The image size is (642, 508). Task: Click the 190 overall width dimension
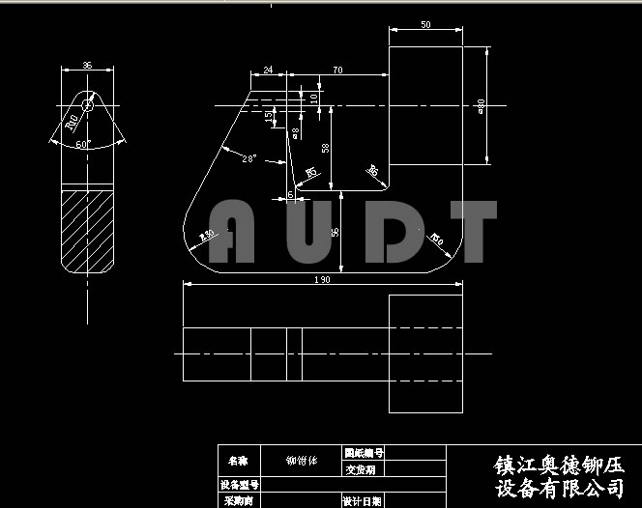click(323, 280)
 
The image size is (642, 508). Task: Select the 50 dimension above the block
click(426, 24)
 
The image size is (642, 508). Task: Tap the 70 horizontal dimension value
click(337, 71)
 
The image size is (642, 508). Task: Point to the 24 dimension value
click(267, 71)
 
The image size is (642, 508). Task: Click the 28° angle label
click(248, 158)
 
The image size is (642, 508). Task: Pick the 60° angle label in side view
click(83, 144)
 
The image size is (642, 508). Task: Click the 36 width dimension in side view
click(87, 66)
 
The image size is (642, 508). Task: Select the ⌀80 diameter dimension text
click(481, 104)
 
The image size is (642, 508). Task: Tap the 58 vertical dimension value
click(325, 147)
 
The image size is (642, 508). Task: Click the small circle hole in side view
click(88, 105)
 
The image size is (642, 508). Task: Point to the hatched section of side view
click(88, 229)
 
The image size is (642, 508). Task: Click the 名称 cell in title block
click(238, 461)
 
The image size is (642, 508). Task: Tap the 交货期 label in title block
click(360, 469)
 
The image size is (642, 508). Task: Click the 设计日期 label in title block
click(363, 501)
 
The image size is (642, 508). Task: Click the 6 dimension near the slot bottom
click(290, 195)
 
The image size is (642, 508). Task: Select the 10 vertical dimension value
click(313, 97)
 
